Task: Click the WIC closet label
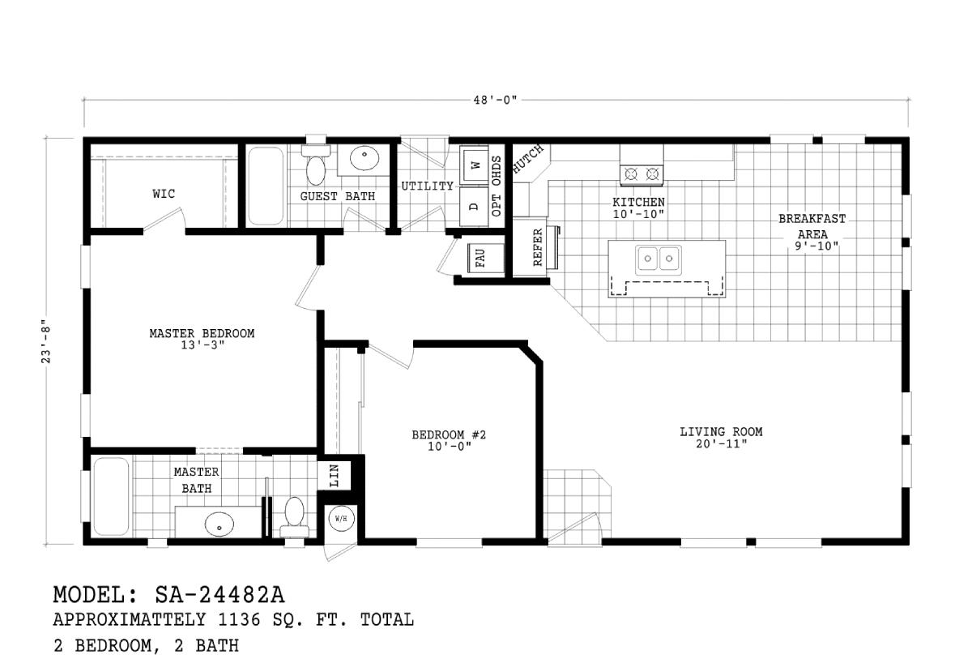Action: tap(164, 194)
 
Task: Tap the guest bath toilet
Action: tap(315, 167)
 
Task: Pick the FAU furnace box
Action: tap(480, 259)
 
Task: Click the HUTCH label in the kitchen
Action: tap(530, 159)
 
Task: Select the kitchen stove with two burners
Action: tap(642, 173)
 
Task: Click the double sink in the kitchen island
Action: tap(657, 259)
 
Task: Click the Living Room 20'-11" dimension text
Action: tap(721, 443)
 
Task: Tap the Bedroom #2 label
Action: tap(449, 435)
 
